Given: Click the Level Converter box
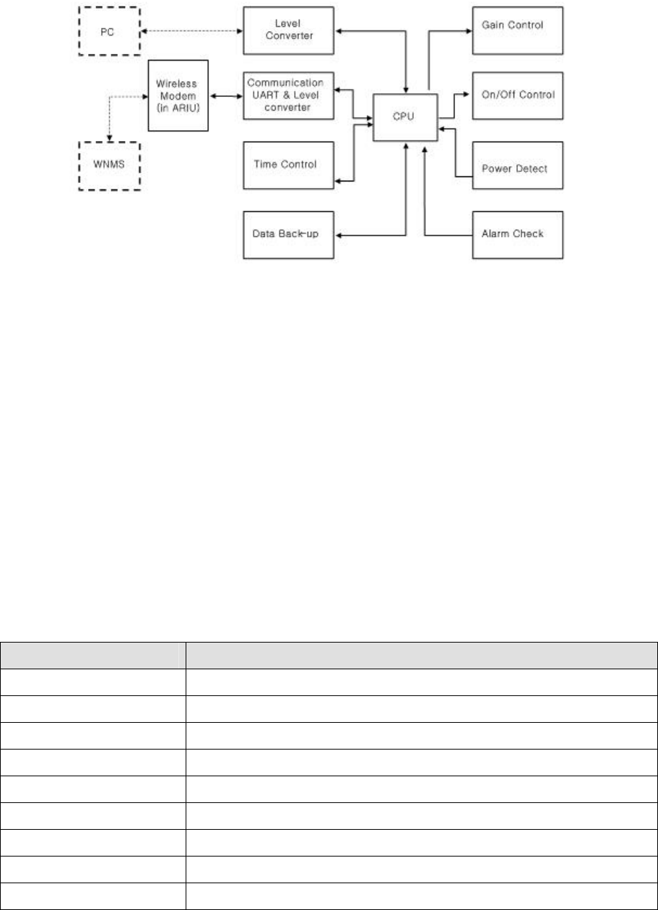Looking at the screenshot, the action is (x=289, y=30).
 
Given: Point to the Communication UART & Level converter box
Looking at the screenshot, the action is (x=289, y=95).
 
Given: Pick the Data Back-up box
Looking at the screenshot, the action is (x=289, y=234).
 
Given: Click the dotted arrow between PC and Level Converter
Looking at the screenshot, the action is (x=191, y=31).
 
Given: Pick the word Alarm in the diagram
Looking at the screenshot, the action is (x=495, y=234).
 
